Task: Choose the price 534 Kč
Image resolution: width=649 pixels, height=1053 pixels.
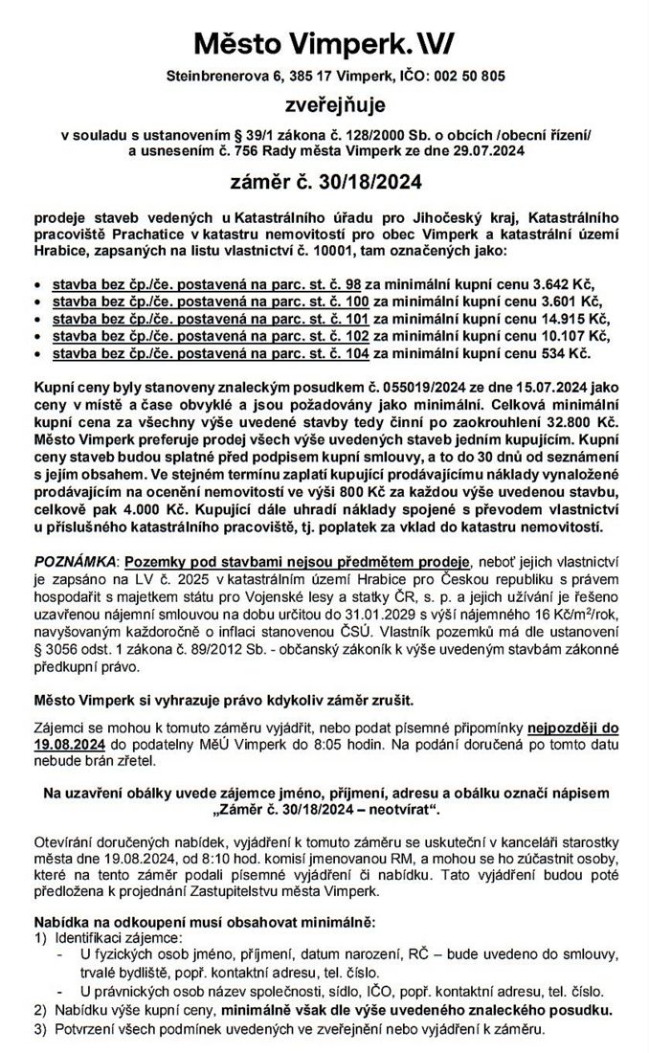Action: pos(566,354)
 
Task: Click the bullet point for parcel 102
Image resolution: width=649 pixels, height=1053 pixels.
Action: pos(36,338)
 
